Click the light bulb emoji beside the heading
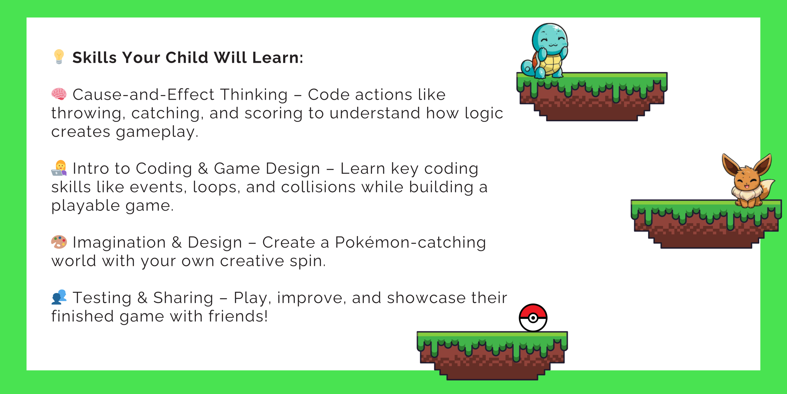click(x=59, y=57)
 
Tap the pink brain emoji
click(x=59, y=94)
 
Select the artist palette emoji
click(x=59, y=242)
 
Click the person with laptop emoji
click(x=59, y=168)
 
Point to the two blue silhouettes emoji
click(x=59, y=297)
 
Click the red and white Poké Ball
click(x=533, y=318)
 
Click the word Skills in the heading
click(x=94, y=58)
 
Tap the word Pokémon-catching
click(x=410, y=243)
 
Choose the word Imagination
click(x=119, y=243)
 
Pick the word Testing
click(x=102, y=298)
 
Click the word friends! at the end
click(x=238, y=316)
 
